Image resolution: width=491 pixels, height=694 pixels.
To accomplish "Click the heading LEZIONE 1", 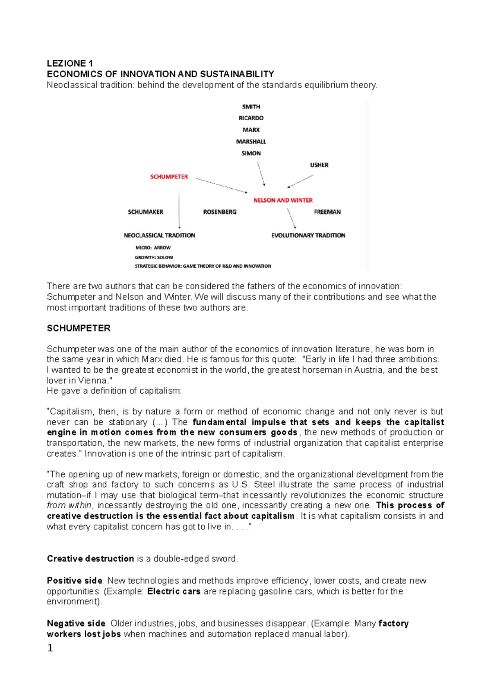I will [x=70, y=63].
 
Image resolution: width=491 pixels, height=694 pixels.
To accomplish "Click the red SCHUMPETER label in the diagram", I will [x=169, y=177].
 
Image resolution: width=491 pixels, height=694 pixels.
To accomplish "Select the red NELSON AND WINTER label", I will [x=283, y=200].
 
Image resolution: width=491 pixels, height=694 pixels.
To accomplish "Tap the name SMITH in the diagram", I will [x=251, y=107].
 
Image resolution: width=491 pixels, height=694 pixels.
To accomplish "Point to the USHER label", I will [x=319, y=165].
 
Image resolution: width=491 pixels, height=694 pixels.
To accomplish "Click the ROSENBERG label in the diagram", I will [x=220, y=212].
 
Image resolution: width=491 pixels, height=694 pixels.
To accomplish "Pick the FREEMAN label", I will [x=327, y=212].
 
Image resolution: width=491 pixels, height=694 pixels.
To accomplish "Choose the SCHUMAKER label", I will [x=145, y=212].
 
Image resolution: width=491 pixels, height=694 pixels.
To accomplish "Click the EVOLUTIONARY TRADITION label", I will [x=308, y=235].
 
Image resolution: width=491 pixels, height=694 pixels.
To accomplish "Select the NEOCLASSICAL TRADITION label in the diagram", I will [x=159, y=235].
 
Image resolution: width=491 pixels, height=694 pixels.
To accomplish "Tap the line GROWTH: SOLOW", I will [x=154, y=257].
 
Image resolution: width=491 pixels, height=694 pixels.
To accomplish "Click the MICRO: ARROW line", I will [x=153, y=248].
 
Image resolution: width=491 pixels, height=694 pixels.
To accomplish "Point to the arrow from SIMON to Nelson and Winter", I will [x=261, y=173].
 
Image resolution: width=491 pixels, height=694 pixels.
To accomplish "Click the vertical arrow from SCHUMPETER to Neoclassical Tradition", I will [x=179, y=209].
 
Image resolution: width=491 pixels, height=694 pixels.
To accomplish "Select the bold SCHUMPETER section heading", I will [x=79, y=328].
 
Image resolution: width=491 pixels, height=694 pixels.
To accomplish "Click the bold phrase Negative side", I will [x=76, y=623].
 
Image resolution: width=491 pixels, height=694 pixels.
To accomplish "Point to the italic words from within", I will [x=69, y=505].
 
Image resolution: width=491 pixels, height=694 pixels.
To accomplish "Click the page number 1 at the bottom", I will [x=50, y=648].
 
